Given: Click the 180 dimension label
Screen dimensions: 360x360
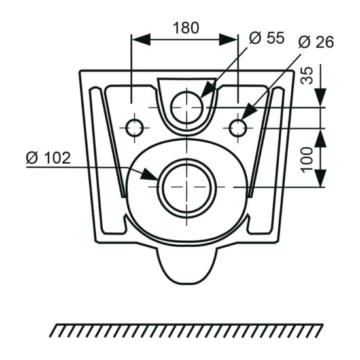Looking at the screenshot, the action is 186,27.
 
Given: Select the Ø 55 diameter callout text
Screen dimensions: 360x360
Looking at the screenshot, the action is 267,38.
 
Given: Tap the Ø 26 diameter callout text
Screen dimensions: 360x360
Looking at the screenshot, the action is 316,42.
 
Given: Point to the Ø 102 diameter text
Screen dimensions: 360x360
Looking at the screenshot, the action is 48,158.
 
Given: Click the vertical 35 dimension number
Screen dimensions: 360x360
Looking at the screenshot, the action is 307,75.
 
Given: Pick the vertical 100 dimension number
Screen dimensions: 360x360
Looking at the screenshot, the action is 307,160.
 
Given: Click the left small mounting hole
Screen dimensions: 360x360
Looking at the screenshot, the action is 135,128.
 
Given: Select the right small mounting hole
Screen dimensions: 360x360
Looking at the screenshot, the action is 238,128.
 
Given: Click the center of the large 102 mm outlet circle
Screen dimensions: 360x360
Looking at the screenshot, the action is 187,187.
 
